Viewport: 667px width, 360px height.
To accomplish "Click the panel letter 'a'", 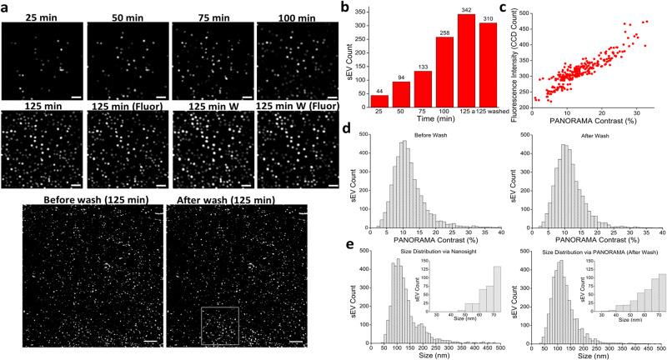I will [6, 7].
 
